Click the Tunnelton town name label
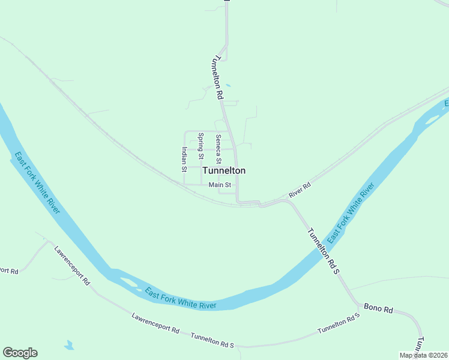(224, 170)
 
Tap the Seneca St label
(218, 149)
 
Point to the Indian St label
(184, 159)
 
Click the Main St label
(220, 185)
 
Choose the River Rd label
(300, 190)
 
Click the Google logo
(20, 353)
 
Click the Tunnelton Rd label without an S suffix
(217, 77)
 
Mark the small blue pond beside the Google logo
(69, 346)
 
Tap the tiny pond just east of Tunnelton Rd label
(228, 85)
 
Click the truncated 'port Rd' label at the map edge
(10, 271)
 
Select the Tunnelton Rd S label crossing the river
(324, 251)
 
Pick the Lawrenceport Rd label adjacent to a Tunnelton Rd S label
(155, 325)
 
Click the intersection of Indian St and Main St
(184, 184)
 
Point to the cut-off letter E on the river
(446, 104)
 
